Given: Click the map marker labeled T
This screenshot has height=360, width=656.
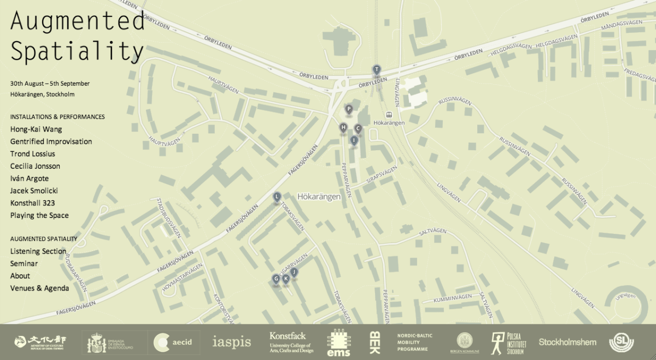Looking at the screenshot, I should (x=376, y=69).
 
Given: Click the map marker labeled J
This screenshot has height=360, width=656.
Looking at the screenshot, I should (x=294, y=272).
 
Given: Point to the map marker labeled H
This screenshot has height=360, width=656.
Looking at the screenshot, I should (x=343, y=128).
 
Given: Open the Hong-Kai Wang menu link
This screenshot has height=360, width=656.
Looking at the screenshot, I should (x=36, y=129).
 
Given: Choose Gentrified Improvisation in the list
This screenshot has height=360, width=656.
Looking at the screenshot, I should (x=51, y=141).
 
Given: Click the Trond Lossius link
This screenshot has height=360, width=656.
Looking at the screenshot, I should (x=32, y=154).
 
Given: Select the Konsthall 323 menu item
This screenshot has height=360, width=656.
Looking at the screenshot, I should (x=32, y=203).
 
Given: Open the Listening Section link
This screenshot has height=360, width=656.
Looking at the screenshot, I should (x=38, y=251).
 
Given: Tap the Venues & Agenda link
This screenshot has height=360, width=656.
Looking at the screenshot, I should (x=39, y=288).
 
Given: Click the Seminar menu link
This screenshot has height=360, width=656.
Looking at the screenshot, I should (x=24, y=263).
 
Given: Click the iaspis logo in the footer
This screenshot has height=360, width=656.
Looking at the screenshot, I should (x=232, y=343).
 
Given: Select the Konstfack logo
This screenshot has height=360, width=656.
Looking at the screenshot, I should (x=290, y=343).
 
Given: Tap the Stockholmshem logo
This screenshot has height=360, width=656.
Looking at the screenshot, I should (x=567, y=342).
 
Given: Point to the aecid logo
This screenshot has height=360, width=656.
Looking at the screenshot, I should (x=177, y=343).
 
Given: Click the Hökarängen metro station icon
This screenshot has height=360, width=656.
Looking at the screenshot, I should (x=389, y=115).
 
